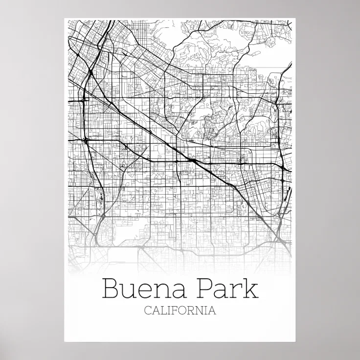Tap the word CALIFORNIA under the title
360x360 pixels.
tap(180, 311)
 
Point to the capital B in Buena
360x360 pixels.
tap(110, 289)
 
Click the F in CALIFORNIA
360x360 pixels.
tap(172, 311)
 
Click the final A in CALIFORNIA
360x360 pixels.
tap(211, 311)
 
